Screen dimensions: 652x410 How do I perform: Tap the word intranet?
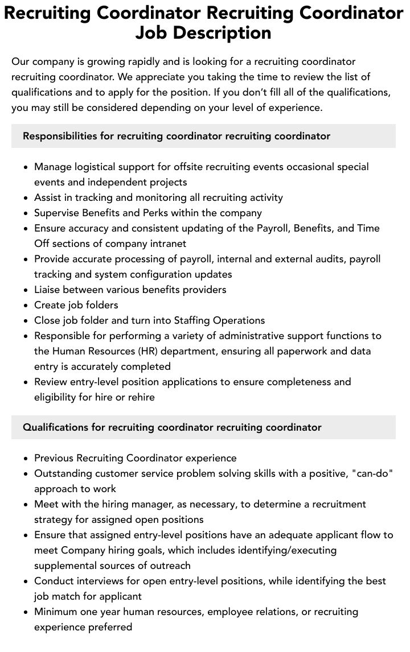tap(167, 244)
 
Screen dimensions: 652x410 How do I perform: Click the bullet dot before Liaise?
tap(26, 290)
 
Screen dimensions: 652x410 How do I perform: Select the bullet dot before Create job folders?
tap(26, 306)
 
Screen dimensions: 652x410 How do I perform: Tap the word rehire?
tap(140, 397)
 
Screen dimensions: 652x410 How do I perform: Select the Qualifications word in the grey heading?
tap(55, 427)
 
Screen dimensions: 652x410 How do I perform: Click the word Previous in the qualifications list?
tap(54, 457)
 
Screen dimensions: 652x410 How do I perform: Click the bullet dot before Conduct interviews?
tap(26, 581)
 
